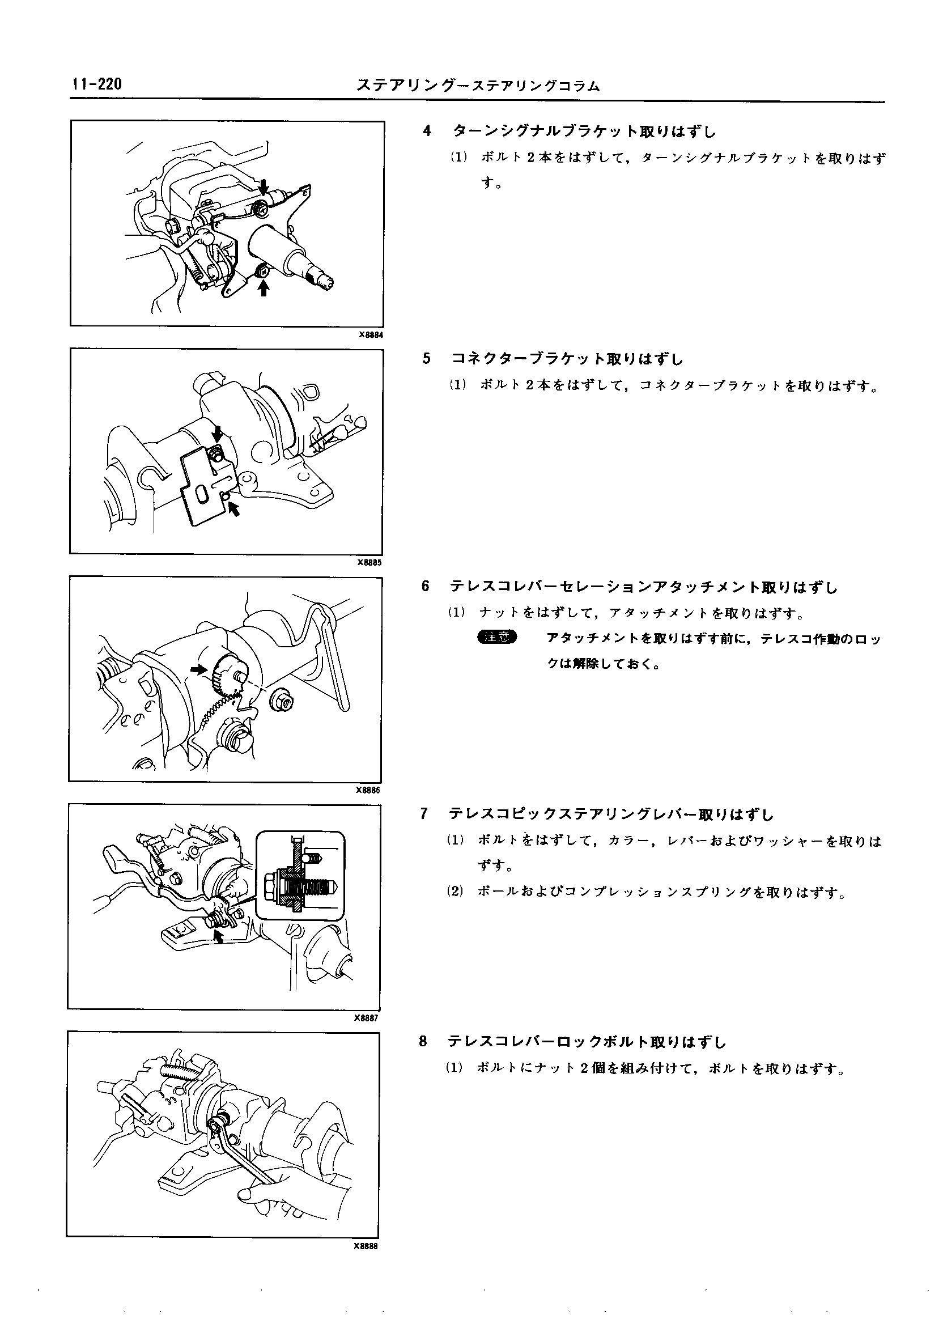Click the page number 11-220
(x=96, y=85)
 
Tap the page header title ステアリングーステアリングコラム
(x=478, y=86)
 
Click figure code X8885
(x=370, y=563)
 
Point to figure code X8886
(x=369, y=790)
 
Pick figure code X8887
(x=367, y=1018)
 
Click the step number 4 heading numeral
(x=427, y=131)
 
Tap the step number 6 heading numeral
(x=426, y=587)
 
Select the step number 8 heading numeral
(x=423, y=1042)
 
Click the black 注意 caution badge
(x=496, y=637)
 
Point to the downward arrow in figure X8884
(x=264, y=186)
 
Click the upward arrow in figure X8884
(x=264, y=287)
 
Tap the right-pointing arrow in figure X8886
(x=198, y=669)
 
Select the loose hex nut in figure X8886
(x=282, y=702)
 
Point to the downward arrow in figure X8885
(x=218, y=433)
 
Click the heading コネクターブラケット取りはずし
(x=567, y=359)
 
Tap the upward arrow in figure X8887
(x=218, y=936)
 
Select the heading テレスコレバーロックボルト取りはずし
(x=587, y=1042)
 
